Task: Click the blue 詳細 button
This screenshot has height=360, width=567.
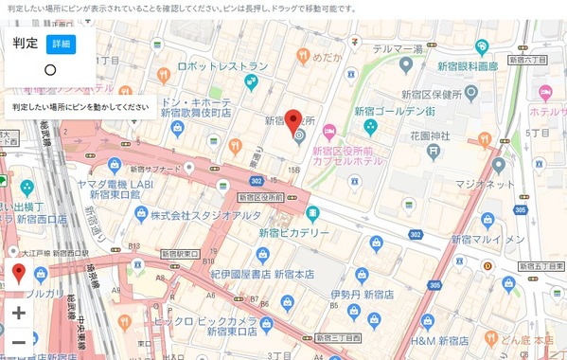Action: [61, 44]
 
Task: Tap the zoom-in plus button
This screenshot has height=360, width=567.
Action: [19, 312]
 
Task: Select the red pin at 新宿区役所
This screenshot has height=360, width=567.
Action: [294, 120]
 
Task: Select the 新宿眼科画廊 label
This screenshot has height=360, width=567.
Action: [467, 66]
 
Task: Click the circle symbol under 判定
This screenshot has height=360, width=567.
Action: [50, 70]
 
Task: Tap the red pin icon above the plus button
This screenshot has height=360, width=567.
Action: [19, 275]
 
